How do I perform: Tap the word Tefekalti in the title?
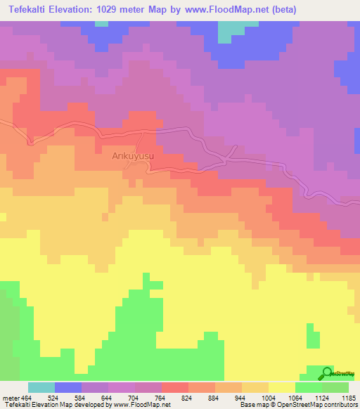29,10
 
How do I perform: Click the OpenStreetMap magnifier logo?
327,374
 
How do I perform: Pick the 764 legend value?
161,398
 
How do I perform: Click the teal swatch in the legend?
41,387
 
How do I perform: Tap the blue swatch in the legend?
67,387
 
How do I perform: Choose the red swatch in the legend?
174,387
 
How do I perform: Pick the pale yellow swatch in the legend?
281,387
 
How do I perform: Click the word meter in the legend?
11,398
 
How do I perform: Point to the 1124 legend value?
321,398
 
